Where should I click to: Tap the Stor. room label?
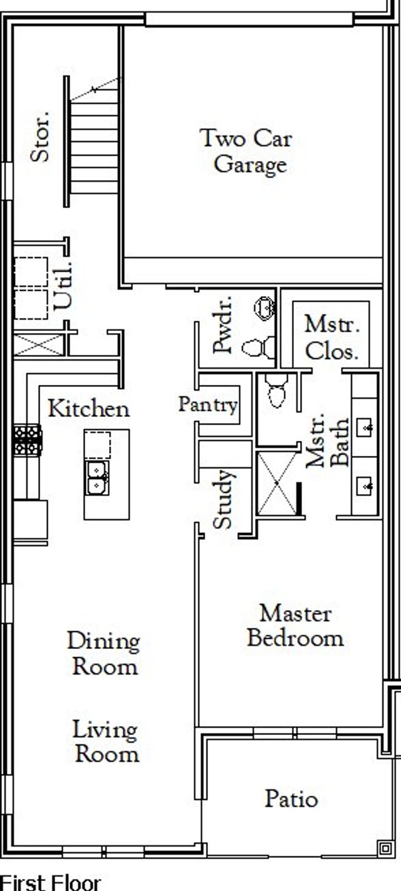[x=41, y=137]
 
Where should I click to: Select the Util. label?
[x=63, y=285]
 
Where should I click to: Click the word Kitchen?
[x=89, y=409]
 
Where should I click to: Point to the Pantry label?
[x=208, y=405]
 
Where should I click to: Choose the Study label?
[x=222, y=499]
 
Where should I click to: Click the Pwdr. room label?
[x=222, y=324]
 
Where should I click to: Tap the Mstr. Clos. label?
[x=332, y=337]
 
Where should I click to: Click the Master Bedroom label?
[x=295, y=626]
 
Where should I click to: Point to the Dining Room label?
[x=104, y=653]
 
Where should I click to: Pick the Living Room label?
[x=106, y=742]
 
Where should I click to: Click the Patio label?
[x=291, y=799]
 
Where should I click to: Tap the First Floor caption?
[x=50, y=882]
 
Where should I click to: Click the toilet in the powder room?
[x=258, y=347]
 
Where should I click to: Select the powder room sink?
[x=264, y=307]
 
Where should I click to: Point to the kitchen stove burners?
[x=28, y=440]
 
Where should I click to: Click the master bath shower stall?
[x=277, y=483]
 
